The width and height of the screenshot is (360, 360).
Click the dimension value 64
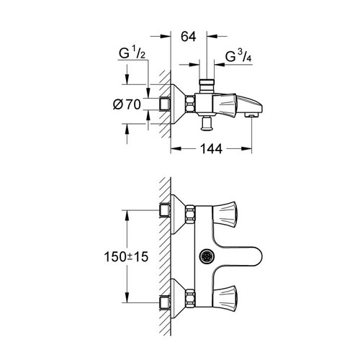[x=189, y=35]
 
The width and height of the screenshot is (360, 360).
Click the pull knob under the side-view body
[x=208, y=124]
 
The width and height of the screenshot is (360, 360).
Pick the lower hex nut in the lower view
[x=190, y=296]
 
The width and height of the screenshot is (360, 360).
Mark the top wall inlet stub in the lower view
[x=164, y=210]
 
